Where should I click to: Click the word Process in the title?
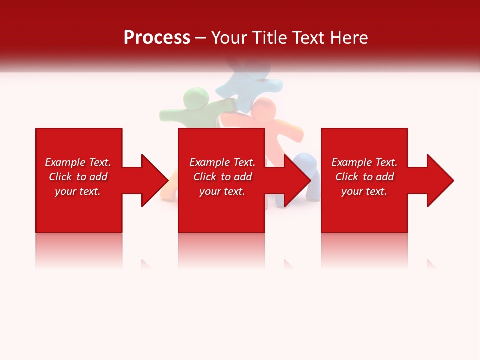coord(157,38)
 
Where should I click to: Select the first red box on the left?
coord(79,210)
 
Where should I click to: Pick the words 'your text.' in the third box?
coord(364,191)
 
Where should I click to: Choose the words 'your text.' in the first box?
coord(78,191)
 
